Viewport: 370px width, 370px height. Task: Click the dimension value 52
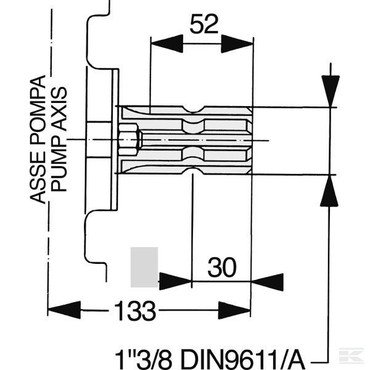tap(203, 24)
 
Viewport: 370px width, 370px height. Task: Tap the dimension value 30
tap(222, 268)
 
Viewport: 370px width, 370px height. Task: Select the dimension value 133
tap(135, 310)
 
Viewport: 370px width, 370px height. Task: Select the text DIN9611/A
tap(242, 360)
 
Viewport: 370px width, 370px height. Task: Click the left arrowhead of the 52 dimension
tap(167, 44)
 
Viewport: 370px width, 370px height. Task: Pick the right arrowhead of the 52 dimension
tap(237, 44)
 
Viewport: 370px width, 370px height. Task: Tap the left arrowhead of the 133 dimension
tap(64, 310)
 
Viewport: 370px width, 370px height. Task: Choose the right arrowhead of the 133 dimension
tap(234, 310)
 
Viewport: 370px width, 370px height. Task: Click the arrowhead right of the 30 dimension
tap(267, 282)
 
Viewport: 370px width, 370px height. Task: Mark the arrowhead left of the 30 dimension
tap(176, 281)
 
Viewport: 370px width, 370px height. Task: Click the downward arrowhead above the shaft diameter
tap(331, 91)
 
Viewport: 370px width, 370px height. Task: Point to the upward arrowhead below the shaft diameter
tap(329, 191)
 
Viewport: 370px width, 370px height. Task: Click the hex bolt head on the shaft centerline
tap(129, 140)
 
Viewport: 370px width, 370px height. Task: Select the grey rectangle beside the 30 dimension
tap(144, 267)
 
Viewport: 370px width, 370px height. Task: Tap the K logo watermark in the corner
tap(351, 356)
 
